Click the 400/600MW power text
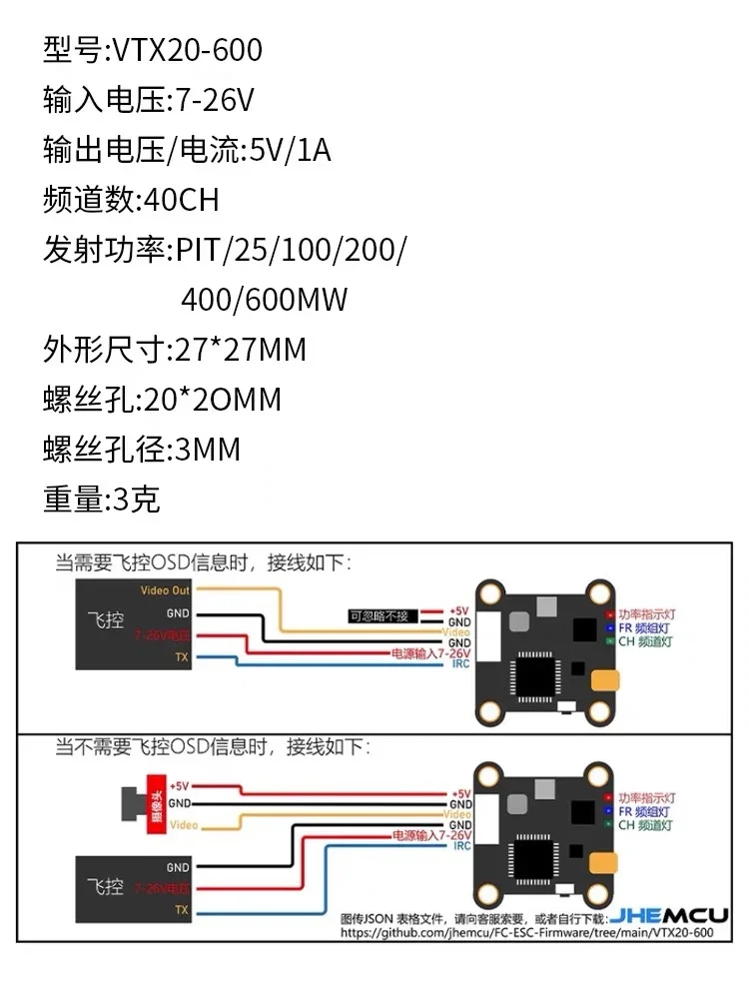tap(265, 300)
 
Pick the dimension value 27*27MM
tap(240, 350)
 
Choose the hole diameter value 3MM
tap(208, 450)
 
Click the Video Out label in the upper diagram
tap(165, 591)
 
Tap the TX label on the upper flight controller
tap(181, 656)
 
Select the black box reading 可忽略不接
tap(379, 615)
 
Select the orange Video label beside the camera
tap(183, 825)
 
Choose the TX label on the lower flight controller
tap(181, 910)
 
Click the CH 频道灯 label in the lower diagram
tap(646, 826)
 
